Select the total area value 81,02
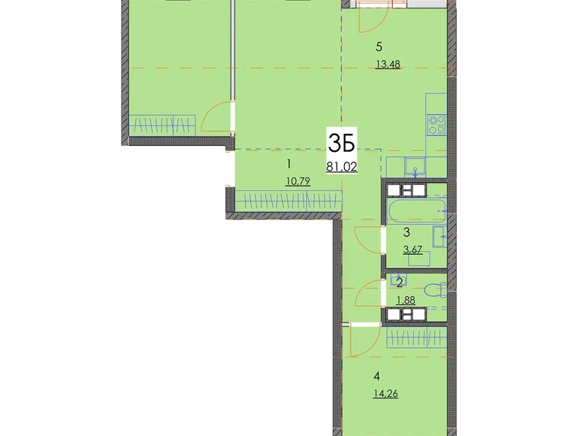[x=342, y=166]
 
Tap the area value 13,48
[x=388, y=65]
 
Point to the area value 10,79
[x=298, y=182]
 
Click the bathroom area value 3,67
[x=412, y=250]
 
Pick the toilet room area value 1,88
[x=406, y=300]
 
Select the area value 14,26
[x=385, y=394]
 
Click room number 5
[x=379, y=47]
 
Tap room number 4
[x=376, y=376]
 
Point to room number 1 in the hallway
[x=288, y=164]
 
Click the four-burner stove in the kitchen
[x=436, y=125]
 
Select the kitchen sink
[x=415, y=166]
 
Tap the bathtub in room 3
[x=417, y=211]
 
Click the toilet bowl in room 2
[x=436, y=290]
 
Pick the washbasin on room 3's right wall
[x=439, y=236]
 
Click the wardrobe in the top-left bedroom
[x=162, y=126]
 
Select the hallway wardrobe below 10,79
[x=288, y=201]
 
